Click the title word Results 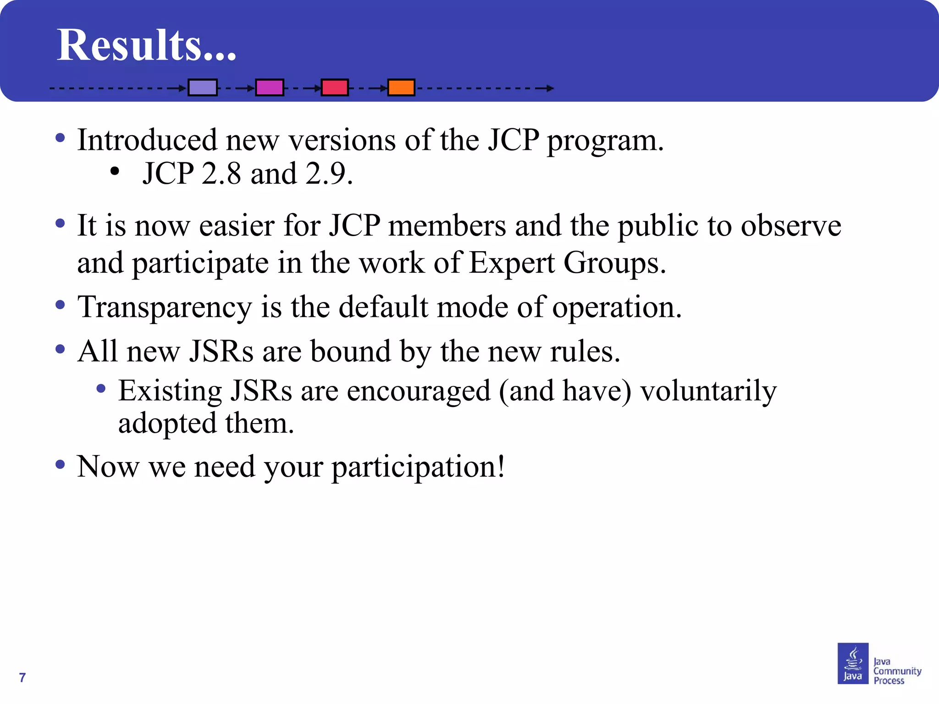146,45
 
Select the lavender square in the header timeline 203,87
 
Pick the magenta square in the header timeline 270,87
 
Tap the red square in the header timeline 335,87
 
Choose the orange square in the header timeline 401,87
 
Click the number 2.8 221,174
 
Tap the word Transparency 165,308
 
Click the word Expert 512,264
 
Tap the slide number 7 22,677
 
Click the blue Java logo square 853,663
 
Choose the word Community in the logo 897,671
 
